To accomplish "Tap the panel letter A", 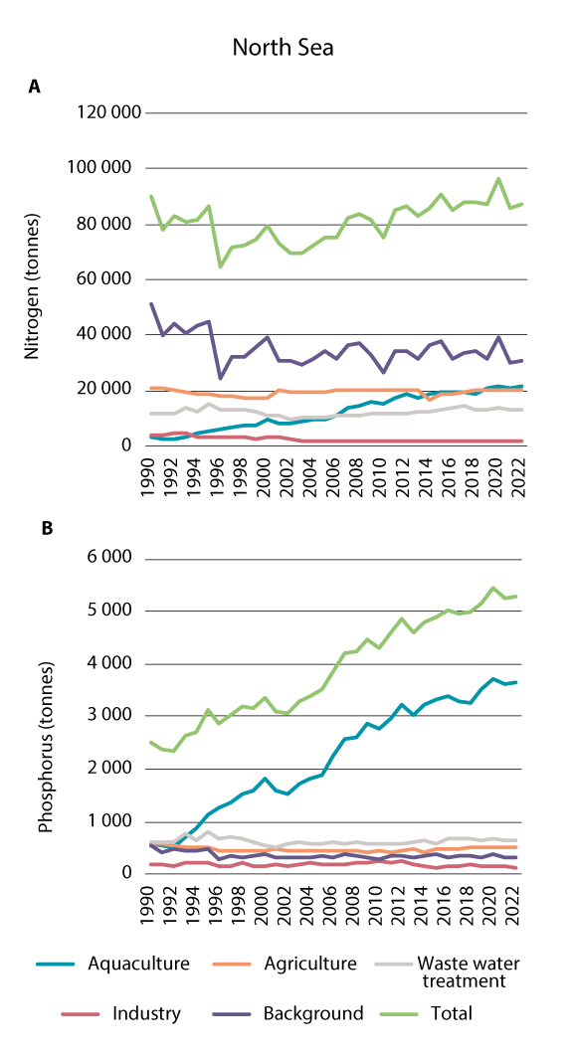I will [x=34, y=87].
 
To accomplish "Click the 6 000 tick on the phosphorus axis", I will [x=111, y=559].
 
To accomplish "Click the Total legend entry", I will [x=447, y=1014].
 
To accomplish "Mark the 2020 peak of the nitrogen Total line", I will [x=498, y=179].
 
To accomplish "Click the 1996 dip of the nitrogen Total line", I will [x=220, y=266].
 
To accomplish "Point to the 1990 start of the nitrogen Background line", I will [x=150, y=303].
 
